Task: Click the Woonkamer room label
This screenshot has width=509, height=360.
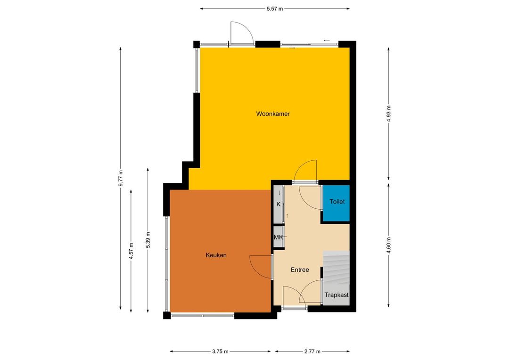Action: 273,114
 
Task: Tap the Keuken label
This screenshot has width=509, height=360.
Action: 216,255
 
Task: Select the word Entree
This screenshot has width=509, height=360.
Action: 300,270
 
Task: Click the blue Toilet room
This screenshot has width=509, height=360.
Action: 336,204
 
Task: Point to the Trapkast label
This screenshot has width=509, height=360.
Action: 337,295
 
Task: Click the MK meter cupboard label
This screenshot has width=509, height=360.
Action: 278,237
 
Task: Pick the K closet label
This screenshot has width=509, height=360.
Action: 278,204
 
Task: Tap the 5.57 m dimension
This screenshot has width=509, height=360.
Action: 275,9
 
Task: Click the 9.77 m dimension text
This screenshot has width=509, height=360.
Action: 121,178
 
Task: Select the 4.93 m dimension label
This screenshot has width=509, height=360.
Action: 388,114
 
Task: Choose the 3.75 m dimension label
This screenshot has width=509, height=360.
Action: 221,351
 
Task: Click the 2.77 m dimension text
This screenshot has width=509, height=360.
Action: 312,351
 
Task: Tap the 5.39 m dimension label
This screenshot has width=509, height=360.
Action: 148,240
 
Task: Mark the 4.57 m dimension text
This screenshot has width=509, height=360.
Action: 131,251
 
